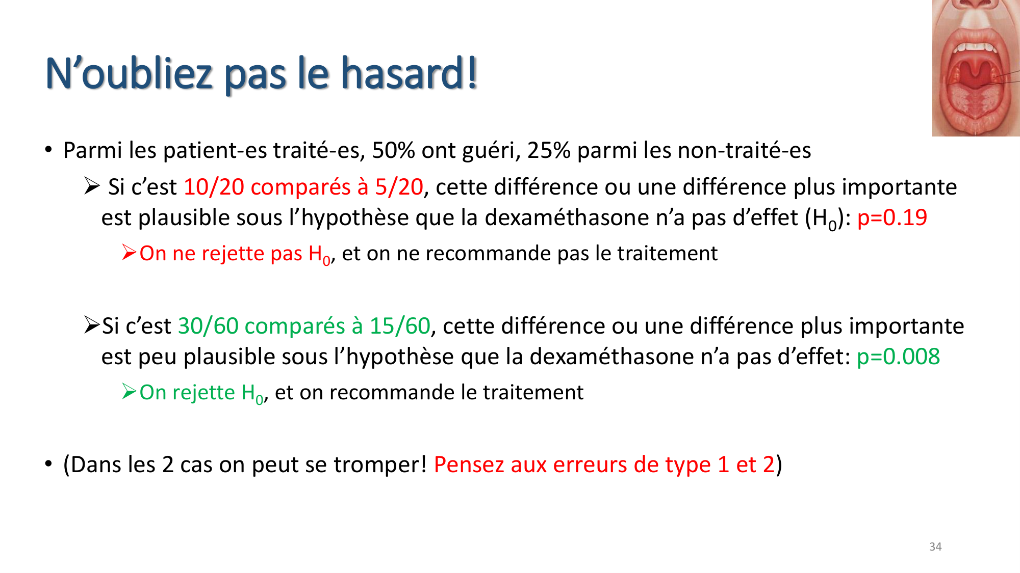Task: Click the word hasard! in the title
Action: click(x=409, y=73)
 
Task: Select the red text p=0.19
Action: click(x=892, y=218)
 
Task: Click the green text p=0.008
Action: click(x=898, y=357)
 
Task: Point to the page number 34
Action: click(x=935, y=547)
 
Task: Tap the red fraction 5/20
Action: click(x=399, y=187)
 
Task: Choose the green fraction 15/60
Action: click(x=400, y=326)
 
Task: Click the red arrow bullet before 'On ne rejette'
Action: click(x=129, y=253)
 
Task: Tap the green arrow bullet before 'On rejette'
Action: click(x=129, y=392)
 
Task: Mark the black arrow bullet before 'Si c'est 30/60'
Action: click(x=92, y=325)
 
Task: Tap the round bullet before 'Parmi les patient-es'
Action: click(x=48, y=150)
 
